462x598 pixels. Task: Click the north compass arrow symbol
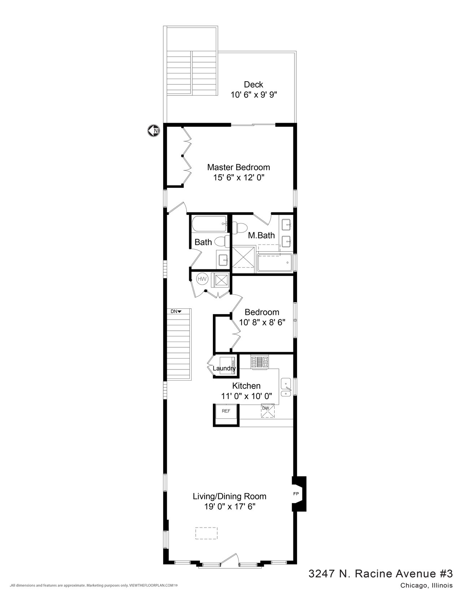pos(153,130)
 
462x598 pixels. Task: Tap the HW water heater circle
pos(202,279)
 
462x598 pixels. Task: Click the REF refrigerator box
pos(226,411)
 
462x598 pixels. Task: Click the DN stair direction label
pos(176,311)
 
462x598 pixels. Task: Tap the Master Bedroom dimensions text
pos(238,178)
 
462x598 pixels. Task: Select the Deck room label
pos(253,84)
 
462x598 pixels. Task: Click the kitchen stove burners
pos(260,361)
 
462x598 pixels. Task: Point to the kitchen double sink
pos(286,388)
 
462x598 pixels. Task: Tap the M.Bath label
pos(261,235)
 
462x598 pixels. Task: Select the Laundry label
pos(224,369)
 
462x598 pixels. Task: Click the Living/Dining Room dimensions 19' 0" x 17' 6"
pos(229,506)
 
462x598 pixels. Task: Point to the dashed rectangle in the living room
pos(207,533)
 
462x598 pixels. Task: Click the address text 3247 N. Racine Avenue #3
pos(380,573)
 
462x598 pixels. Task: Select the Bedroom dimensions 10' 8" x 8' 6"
pos(262,322)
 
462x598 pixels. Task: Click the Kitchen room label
pos(246,386)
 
